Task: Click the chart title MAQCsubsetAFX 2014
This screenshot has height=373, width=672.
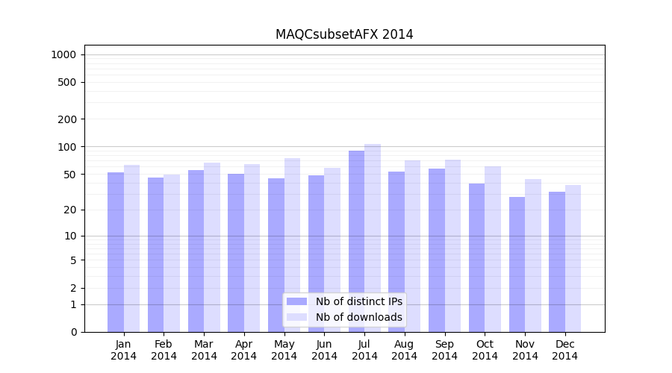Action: (344, 34)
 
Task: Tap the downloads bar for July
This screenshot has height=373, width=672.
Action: (373, 238)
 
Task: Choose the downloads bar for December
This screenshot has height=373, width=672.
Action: (573, 258)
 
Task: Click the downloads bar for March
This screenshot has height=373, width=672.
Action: (212, 247)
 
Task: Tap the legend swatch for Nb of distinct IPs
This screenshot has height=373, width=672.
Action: (296, 301)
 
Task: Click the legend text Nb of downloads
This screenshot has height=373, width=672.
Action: (358, 317)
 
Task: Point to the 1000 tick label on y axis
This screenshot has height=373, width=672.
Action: (63, 54)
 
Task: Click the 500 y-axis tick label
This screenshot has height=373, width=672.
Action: (68, 82)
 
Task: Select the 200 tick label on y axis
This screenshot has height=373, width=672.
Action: (68, 119)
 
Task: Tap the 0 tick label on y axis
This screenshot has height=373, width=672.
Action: (73, 332)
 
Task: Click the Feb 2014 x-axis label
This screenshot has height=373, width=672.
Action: (164, 350)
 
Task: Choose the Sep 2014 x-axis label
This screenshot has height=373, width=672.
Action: (444, 350)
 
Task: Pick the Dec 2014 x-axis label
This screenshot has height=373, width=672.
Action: (565, 350)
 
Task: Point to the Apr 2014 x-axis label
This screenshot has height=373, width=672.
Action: (244, 350)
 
